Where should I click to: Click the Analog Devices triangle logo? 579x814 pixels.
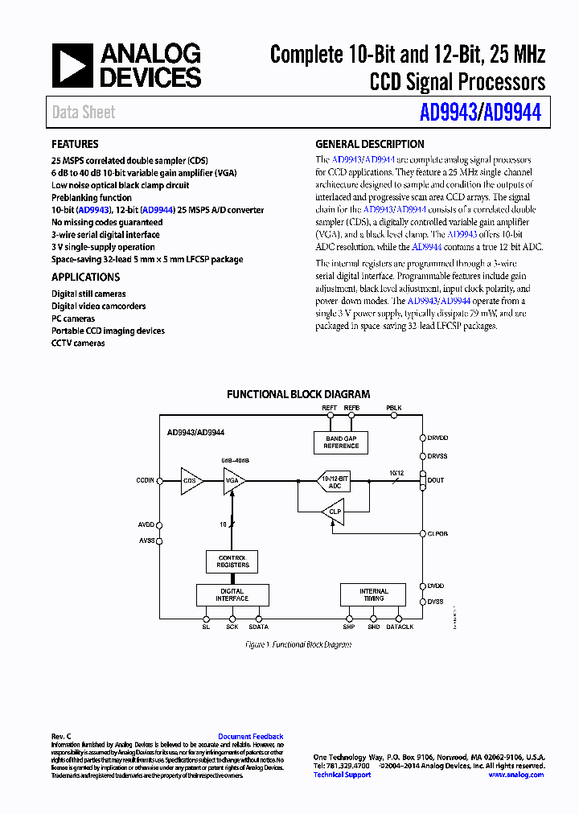[72, 65]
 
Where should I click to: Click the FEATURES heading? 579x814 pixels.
[75, 145]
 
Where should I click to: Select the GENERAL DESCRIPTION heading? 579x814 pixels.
[370, 145]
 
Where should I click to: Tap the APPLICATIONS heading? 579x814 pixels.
[85, 277]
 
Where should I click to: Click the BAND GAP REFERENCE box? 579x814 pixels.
[341, 442]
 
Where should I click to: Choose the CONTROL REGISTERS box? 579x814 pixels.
[232, 561]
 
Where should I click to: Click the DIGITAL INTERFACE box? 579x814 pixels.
[232, 594]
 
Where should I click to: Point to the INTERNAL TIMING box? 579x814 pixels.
[373, 594]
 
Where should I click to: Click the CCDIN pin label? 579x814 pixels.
[145, 480]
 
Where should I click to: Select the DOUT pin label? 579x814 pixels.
[436, 480]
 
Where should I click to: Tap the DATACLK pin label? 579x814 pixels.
[400, 627]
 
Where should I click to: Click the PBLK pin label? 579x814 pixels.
[392, 408]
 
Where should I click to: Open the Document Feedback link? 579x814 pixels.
[250, 736]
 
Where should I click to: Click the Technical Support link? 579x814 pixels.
[342, 775]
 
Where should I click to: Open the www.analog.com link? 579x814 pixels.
[515, 775]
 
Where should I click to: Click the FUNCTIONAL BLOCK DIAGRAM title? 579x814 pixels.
[298, 394]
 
